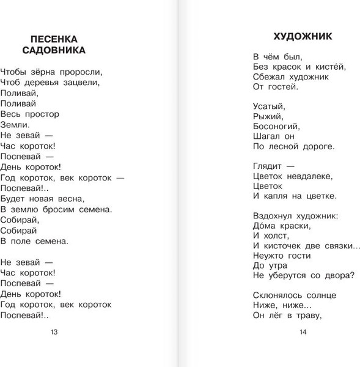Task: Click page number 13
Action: pyautogui.click(x=54, y=332)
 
